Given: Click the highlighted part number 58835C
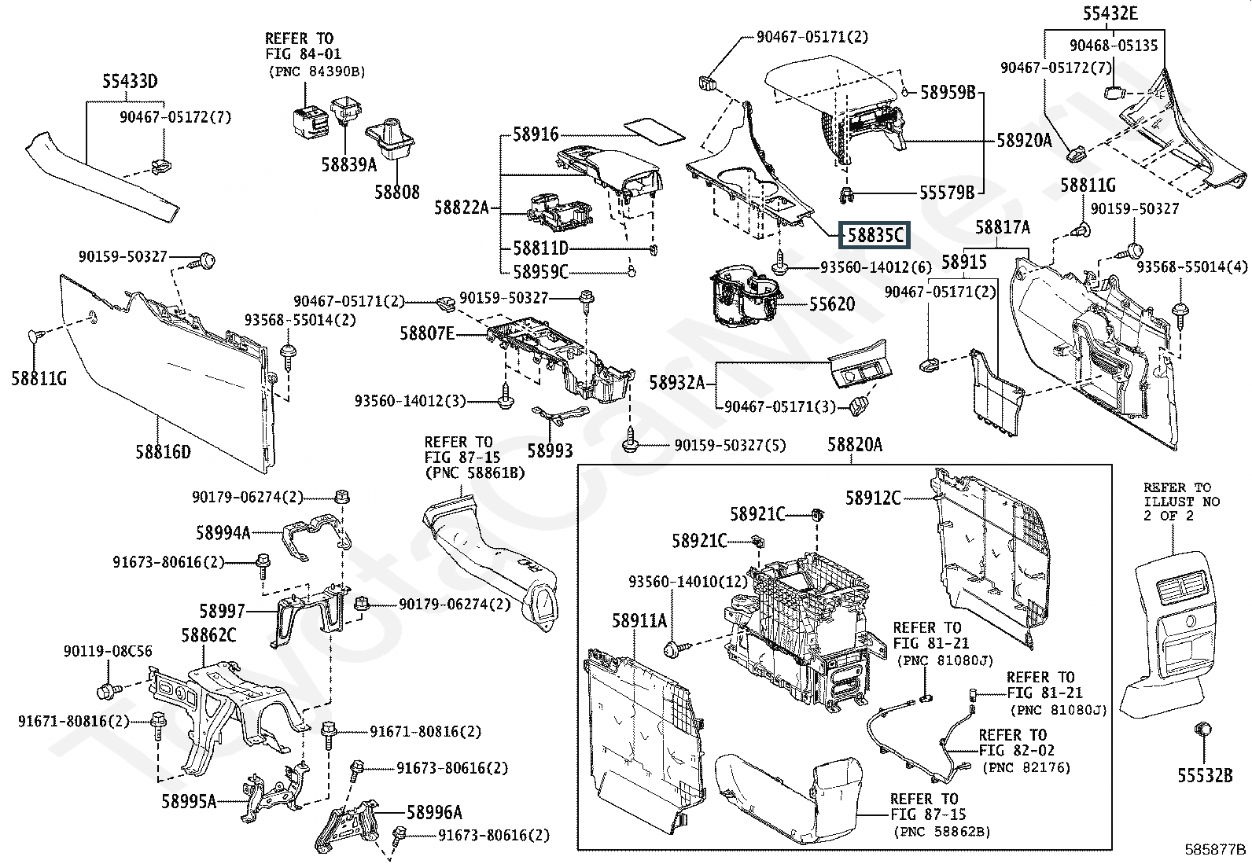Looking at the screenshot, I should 874,235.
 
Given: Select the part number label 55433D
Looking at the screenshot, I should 130,81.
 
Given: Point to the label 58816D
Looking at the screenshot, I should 163,451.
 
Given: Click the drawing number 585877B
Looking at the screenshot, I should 1217,849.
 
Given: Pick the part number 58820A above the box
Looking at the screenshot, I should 854,445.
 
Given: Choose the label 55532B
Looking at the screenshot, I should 1204,775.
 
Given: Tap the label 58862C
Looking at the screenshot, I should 208,635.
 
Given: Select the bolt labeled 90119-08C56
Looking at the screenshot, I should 106,692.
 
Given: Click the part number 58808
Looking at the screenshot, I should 396,192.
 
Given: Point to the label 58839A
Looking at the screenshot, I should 348,164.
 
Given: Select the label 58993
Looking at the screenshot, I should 550,450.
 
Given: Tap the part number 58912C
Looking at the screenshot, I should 873,498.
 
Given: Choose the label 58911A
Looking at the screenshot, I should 639,621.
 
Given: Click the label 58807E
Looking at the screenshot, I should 426,333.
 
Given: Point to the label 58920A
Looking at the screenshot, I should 1024,141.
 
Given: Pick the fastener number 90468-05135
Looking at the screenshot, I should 1114,46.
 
